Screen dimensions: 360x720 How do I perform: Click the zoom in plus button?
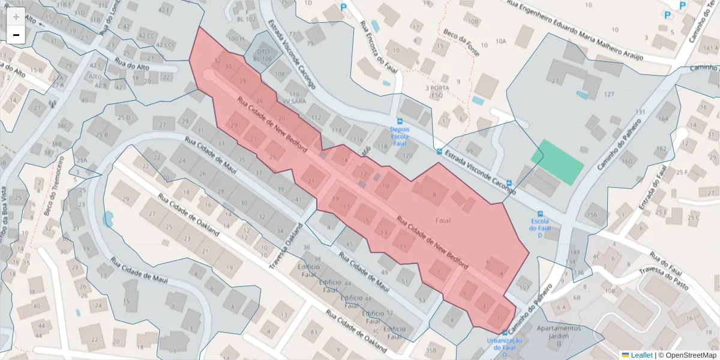click(x=16, y=16)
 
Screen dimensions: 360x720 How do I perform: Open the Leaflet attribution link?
click(x=641, y=355)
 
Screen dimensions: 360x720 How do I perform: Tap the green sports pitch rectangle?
click(x=557, y=162)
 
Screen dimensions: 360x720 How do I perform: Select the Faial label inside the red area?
click(x=443, y=220)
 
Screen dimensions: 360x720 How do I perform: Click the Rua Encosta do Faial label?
click(x=371, y=49)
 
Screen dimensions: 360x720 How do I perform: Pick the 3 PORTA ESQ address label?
click(x=437, y=91)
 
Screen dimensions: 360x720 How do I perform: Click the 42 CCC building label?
click(x=166, y=45)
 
